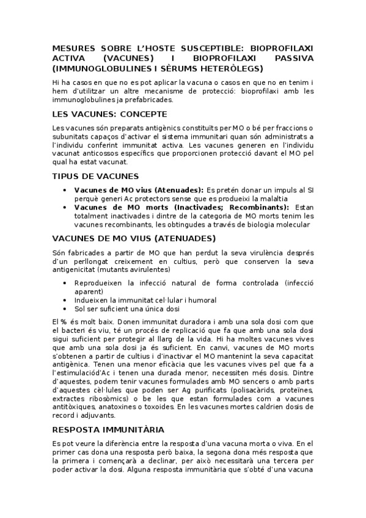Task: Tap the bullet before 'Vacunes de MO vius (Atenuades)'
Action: point(65,190)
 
